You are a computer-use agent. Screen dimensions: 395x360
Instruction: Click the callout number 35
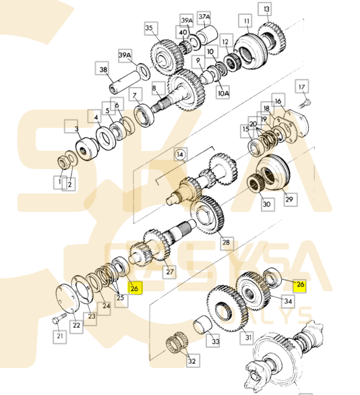[x=150, y=28]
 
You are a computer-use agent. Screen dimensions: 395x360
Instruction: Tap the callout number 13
[x=268, y=9]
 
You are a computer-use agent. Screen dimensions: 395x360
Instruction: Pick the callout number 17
[x=301, y=86]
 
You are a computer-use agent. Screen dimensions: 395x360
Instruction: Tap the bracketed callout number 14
[x=180, y=154]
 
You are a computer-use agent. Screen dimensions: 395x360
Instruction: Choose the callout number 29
[x=289, y=200]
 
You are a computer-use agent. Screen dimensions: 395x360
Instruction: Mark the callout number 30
[x=266, y=204]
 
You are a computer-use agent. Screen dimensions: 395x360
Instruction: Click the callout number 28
[x=226, y=241]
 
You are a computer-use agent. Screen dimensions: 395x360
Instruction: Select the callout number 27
[x=169, y=272]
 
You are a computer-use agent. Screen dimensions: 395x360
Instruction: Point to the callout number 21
[x=60, y=336]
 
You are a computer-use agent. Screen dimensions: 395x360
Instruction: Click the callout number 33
[x=215, y=342]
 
